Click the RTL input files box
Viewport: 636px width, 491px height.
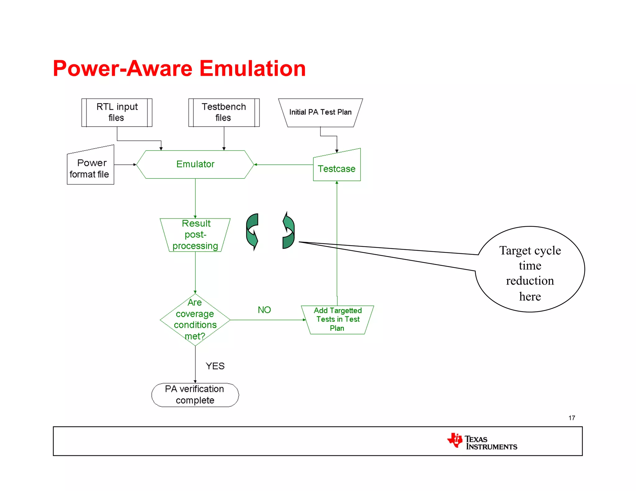pyautogui.click(x=117, y=112)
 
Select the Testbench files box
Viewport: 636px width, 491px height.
pyautogui.click(x=224, y=112)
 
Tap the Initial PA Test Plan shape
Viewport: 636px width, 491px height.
pyautogui.click(x=320, y=112)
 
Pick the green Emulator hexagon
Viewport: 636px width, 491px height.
pyautogui.click(x=195, y=164)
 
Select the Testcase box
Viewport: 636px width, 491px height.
pyautogui.click(x=337, y=168)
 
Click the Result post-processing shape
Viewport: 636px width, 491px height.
pyautogui.click(x=195, y=235)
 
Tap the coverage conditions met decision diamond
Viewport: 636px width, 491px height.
pyautogui.click(x=195, y=319)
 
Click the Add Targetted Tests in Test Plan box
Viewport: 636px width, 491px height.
pyautogui.click(x=337, y=319)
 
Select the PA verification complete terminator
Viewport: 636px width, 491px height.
pyautogui.click(x=195, y=394)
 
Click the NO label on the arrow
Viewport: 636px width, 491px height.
pyautogui.click(x=264, y=310)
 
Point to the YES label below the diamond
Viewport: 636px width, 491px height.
pyautogui.click(x=215, y=366)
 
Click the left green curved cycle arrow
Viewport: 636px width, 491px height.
pyautogui.click(x=252, y=231)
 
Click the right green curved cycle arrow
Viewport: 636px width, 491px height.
pyautogui.click(x=288, y=231)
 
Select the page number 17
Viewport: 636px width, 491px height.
pyautogui.click(x=572, y=418)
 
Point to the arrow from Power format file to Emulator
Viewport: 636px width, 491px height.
pyautogui.click(x=125, y=164)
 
